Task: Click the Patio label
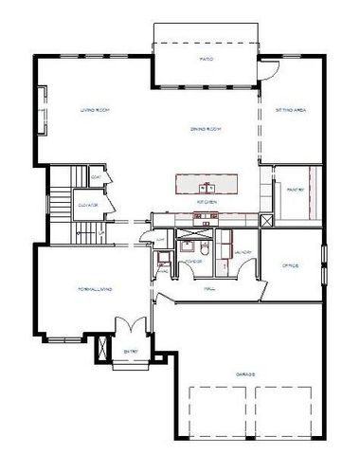pos(205,59)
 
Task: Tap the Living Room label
pos(96,111)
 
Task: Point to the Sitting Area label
pos(290,111)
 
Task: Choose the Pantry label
pos(294,191)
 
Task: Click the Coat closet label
pos(97,177)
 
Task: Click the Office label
pos(289,265)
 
